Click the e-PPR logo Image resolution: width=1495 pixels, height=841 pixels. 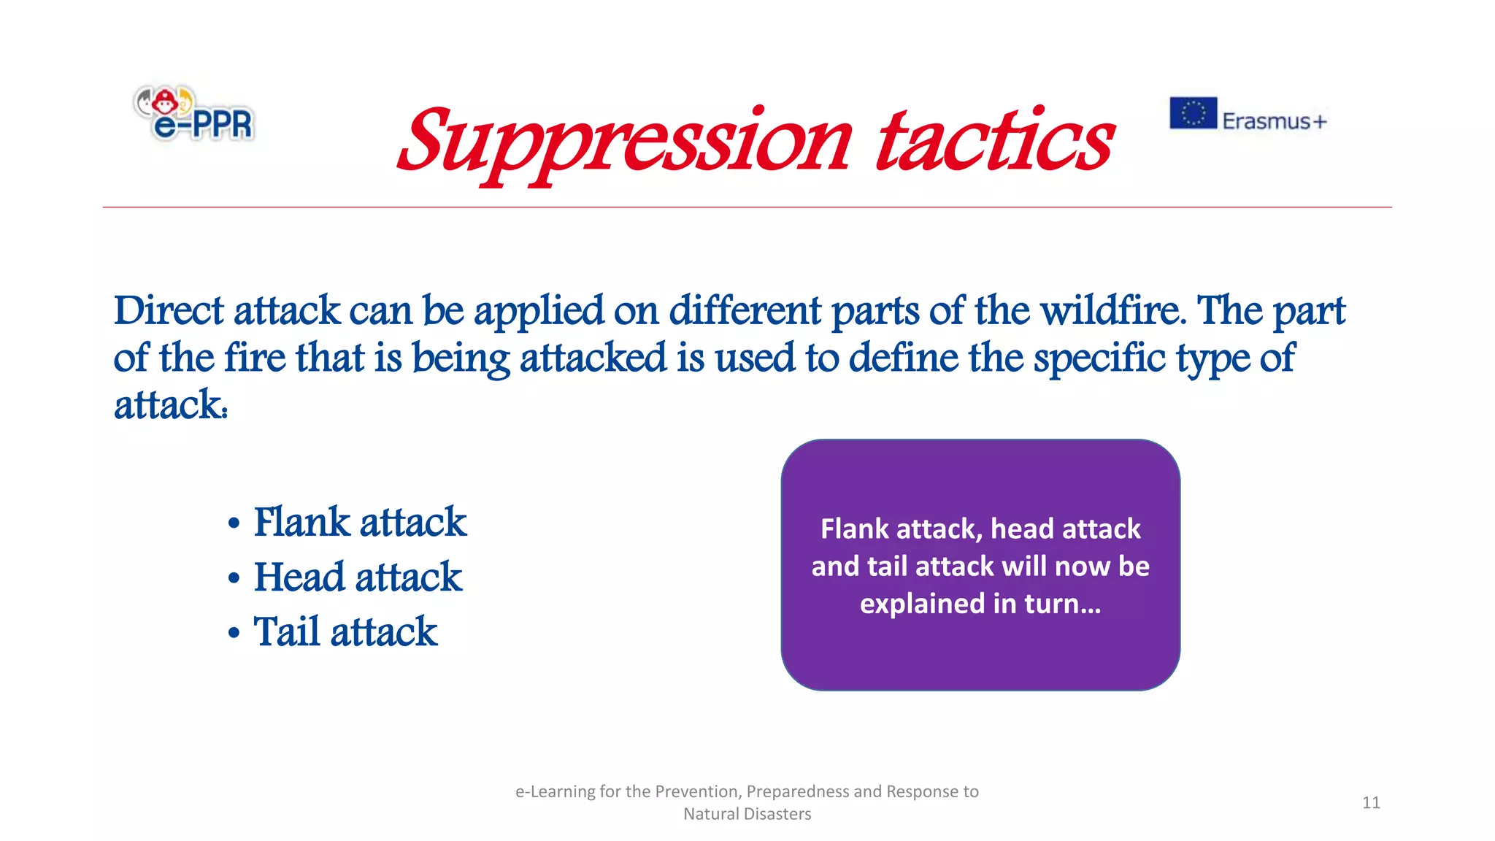coord(194,114)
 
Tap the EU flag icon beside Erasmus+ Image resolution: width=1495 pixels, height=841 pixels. coord(1193,113)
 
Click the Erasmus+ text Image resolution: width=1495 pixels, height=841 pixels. coord(1274,121)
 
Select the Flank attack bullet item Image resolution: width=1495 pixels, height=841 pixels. coord(359,523)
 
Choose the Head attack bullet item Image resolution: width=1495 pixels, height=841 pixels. coord(358,577)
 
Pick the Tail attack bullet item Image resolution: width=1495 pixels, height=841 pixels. coord(345,632)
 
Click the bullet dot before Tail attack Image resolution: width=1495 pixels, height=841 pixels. coord(234,632)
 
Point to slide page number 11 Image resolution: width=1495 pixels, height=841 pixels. coord(1371,803)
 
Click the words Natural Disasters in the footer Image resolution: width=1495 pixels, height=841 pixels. coord(747,814)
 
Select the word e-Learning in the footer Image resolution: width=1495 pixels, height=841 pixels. coord(555,792)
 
